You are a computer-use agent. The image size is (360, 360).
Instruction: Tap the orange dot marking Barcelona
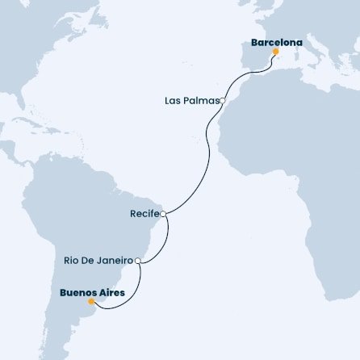pos(275,51)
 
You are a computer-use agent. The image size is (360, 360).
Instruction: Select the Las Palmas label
pos(190,101)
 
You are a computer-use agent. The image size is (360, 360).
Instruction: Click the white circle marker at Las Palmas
pos(222,101)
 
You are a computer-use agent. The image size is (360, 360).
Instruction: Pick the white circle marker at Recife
pos(163,214)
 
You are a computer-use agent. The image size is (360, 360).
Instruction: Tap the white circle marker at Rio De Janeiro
pos(138,261)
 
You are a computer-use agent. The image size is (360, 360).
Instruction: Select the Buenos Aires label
pos(92,291)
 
